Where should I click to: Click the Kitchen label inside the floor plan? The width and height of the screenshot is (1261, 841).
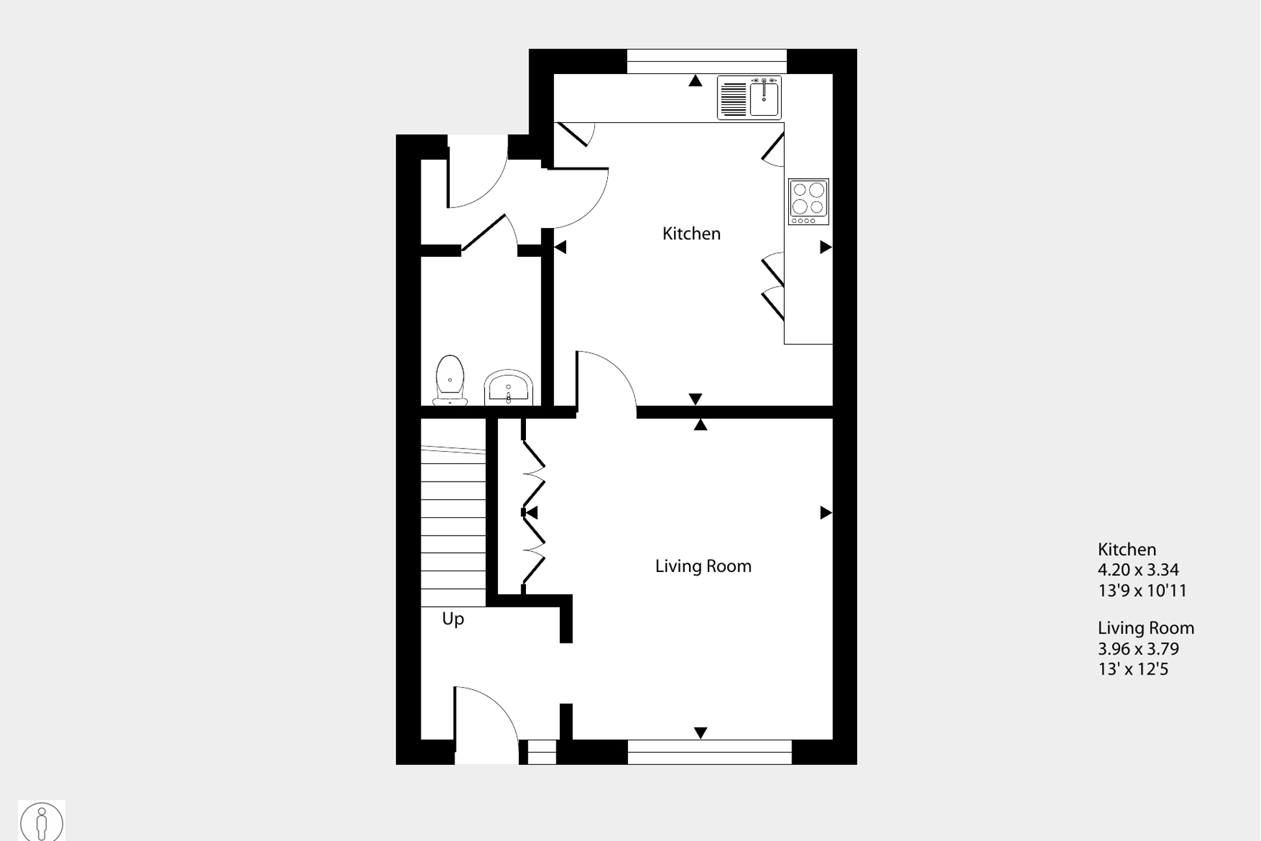point(691,234)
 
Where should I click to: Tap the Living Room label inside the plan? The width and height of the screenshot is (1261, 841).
point(703,566)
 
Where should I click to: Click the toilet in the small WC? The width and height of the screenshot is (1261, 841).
point(449,381)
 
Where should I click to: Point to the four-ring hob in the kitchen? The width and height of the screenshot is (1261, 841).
point(808,201)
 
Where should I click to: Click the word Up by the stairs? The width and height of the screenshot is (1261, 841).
point(453,619)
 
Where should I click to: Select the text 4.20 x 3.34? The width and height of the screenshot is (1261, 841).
point(1138,570)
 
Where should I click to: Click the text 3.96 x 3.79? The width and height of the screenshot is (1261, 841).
point(1138,649)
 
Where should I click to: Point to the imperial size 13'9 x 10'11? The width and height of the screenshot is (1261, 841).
point(1142,591)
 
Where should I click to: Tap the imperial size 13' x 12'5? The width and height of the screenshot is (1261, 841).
point(1132,669)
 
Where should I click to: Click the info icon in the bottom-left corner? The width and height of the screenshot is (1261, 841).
point(42,822)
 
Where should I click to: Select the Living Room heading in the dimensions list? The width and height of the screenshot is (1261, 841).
point(1145,628)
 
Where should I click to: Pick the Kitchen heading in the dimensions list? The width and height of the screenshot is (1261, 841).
point(1127,549)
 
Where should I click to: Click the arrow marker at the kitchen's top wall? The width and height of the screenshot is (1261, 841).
point(695,81)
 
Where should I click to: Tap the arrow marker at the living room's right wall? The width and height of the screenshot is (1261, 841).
point(825,513)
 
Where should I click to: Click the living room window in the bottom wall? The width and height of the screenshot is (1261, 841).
point(709,752)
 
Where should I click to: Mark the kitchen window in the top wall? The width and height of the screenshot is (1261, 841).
point(706,61)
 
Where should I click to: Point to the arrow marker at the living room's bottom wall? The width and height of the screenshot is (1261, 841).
point(700,732)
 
